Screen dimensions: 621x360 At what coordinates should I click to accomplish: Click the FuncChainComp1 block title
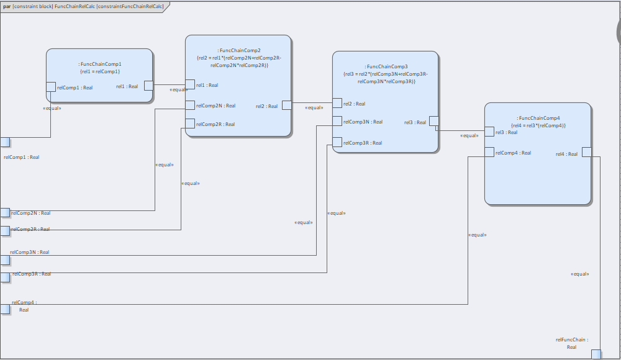[x=100, y=64]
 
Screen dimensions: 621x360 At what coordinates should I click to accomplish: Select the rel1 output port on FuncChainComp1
[x=148, y=86]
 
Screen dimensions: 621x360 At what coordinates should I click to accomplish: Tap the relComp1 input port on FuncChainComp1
[x=51, y=87]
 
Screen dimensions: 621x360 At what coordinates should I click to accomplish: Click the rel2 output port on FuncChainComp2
[x=287, y=105]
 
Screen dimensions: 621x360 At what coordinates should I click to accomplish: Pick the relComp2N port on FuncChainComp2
[x=190, y=105]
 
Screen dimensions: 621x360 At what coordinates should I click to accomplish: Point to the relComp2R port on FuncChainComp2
[x=190, y=124]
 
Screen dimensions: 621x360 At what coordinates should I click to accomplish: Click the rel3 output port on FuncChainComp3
[x=434, y=121]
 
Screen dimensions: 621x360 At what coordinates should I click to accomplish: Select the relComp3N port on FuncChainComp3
[x=337, y=121]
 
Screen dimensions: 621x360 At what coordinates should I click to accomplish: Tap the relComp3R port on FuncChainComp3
[x=337, y=142]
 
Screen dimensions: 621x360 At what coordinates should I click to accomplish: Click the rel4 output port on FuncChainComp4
[x=587, y=152]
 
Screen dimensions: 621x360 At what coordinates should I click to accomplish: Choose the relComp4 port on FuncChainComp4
[x=489, y=152]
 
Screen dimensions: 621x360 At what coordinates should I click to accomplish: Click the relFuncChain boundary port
[x=596, y=354]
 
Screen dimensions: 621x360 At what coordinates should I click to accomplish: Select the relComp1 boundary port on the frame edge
[x=5, y=142]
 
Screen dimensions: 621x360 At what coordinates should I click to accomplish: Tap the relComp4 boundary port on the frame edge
[x=5, y=309]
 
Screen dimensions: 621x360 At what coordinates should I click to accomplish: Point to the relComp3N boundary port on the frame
[x=5, y=260]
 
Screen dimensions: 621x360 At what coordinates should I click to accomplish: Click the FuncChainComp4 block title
[x=538, y=118]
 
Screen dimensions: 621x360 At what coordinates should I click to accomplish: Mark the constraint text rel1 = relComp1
[x=100, y=71]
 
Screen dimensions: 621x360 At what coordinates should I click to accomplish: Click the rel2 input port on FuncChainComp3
[x=337, y=103]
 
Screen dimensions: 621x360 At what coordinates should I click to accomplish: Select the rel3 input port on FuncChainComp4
[x=489, y=132]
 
